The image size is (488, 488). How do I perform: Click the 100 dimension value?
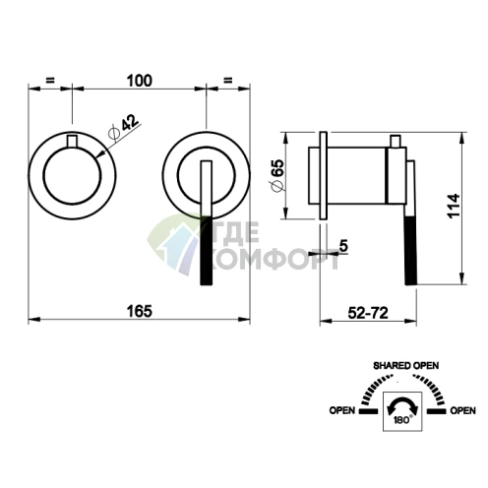point(140,81)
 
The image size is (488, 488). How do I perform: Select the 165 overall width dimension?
point(140,311)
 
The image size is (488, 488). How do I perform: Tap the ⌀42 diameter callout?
point(124,128)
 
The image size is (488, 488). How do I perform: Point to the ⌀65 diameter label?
point(276,175)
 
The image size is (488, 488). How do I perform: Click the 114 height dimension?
point(454,206)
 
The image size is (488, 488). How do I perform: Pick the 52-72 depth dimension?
point(368,313)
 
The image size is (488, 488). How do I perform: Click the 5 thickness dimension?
point(343,245)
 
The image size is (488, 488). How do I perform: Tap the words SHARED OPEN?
point(406,366)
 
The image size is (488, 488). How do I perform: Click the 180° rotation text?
point(402,420)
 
